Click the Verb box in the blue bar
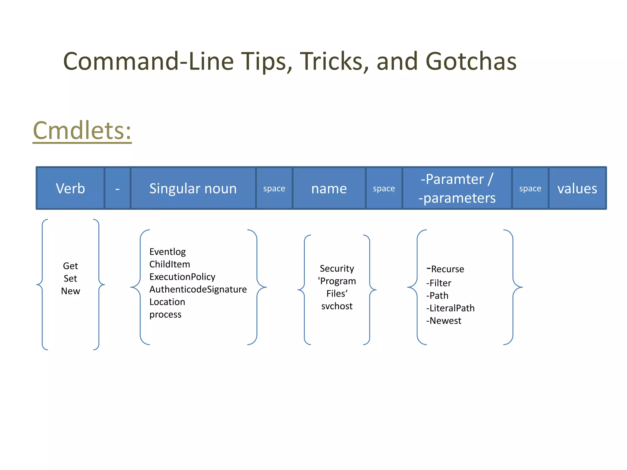tap(70, 188)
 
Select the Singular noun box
tap(193, 188)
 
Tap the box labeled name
tap(329, 188)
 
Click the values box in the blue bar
tap(577, 188)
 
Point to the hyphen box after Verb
tap(118, 188)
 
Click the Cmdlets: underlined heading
tap(82, 131)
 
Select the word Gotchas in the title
tap(471, 61)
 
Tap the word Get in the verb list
tap(70, 266)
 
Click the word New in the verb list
tap(70, 291)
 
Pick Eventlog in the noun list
tap(167, 252)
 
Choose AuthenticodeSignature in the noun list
tap(198, 289)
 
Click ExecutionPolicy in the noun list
tap(182, 277)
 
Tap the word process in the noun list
tap(165, 315)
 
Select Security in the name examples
tap(337, 269)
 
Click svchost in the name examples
tap(337, 306)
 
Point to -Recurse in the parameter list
tap(445, 269)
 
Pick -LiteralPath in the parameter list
tap(450, 308)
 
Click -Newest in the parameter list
tap(444, 321)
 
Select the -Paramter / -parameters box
tap(457, 188)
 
